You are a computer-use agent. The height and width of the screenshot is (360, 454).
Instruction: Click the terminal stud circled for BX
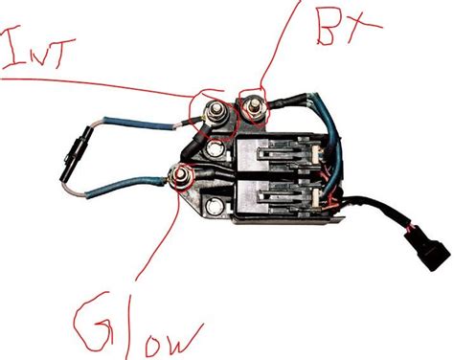tap(255, 112)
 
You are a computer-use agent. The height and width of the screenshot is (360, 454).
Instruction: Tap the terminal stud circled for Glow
tap(179, 173)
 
